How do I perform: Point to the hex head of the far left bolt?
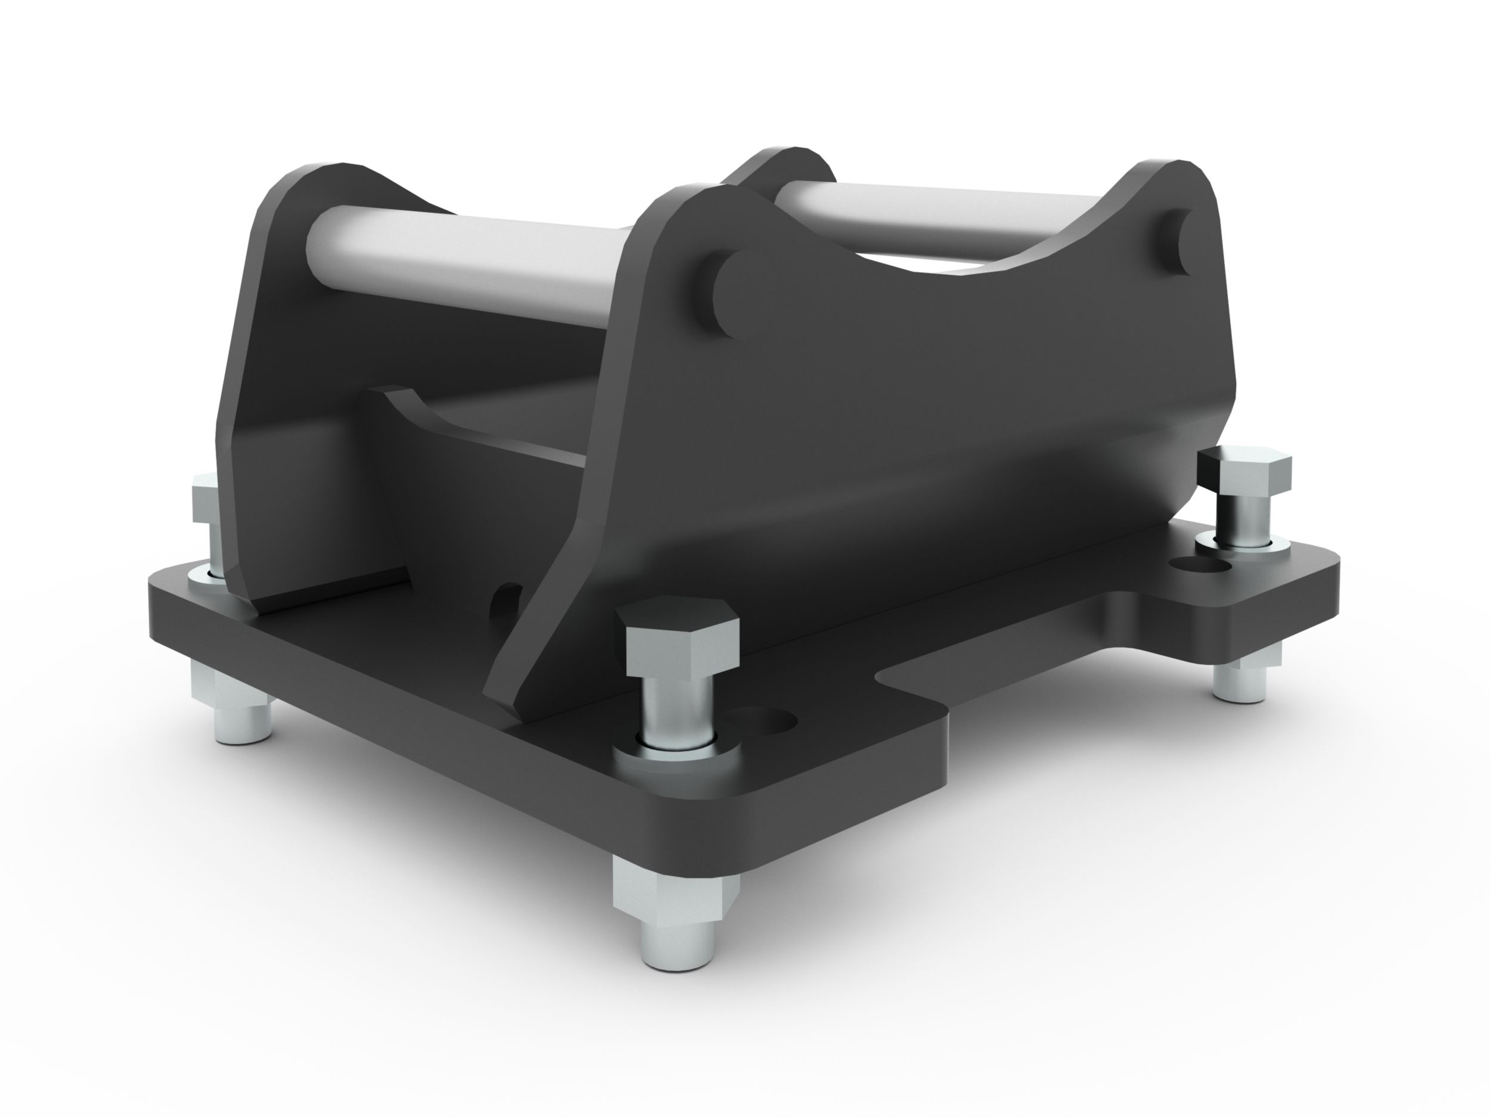pos(203,499)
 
